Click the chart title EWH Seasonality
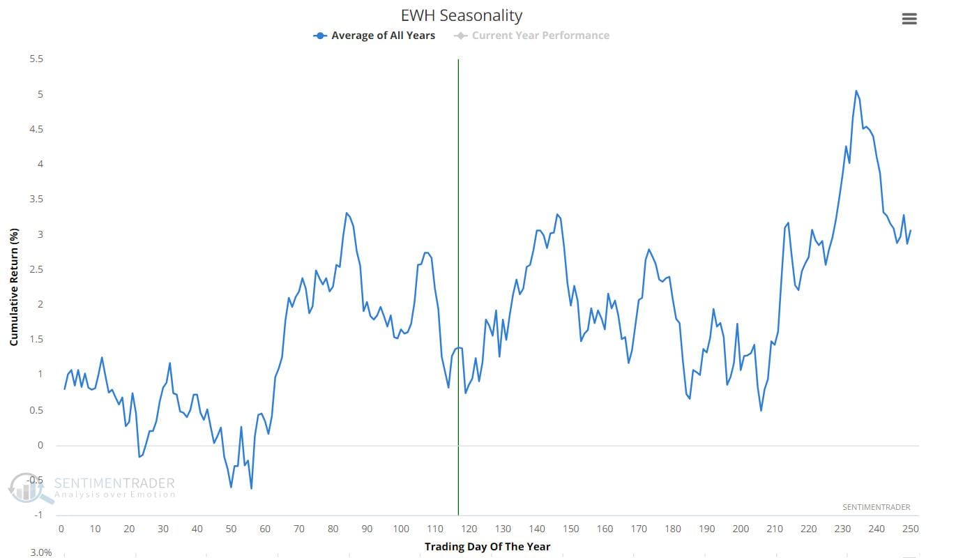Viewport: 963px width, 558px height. [x=462, y=15]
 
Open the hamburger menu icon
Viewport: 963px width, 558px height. [x=909, y=20]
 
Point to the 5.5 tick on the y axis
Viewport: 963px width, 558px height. [x=36, y=59]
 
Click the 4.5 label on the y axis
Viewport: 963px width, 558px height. [x=36, y=129]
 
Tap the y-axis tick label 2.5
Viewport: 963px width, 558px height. [x=36, y=269]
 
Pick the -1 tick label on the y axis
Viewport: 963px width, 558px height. [x=38, y=515]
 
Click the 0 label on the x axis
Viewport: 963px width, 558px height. [x=61, y=529]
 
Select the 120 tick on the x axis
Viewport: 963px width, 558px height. [x=469, y=529]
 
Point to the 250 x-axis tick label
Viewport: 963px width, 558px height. [x=911, y=529]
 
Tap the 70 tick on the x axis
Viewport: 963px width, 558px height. [x=299, y=529]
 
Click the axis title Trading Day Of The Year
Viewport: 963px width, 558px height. [x=487, y=546]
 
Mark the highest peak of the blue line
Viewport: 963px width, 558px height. [x=856, y=91]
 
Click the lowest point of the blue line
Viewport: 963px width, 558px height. [x=251, y=488]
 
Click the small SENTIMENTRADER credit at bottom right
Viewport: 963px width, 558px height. [x=876, y=507]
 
